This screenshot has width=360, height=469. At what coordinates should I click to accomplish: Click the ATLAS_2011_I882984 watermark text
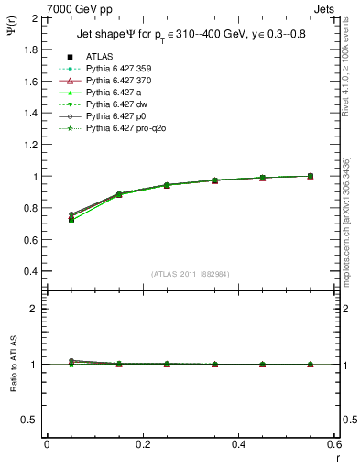pos(191,274)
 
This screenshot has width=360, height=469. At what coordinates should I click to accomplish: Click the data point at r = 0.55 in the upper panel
pos(310,176)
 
